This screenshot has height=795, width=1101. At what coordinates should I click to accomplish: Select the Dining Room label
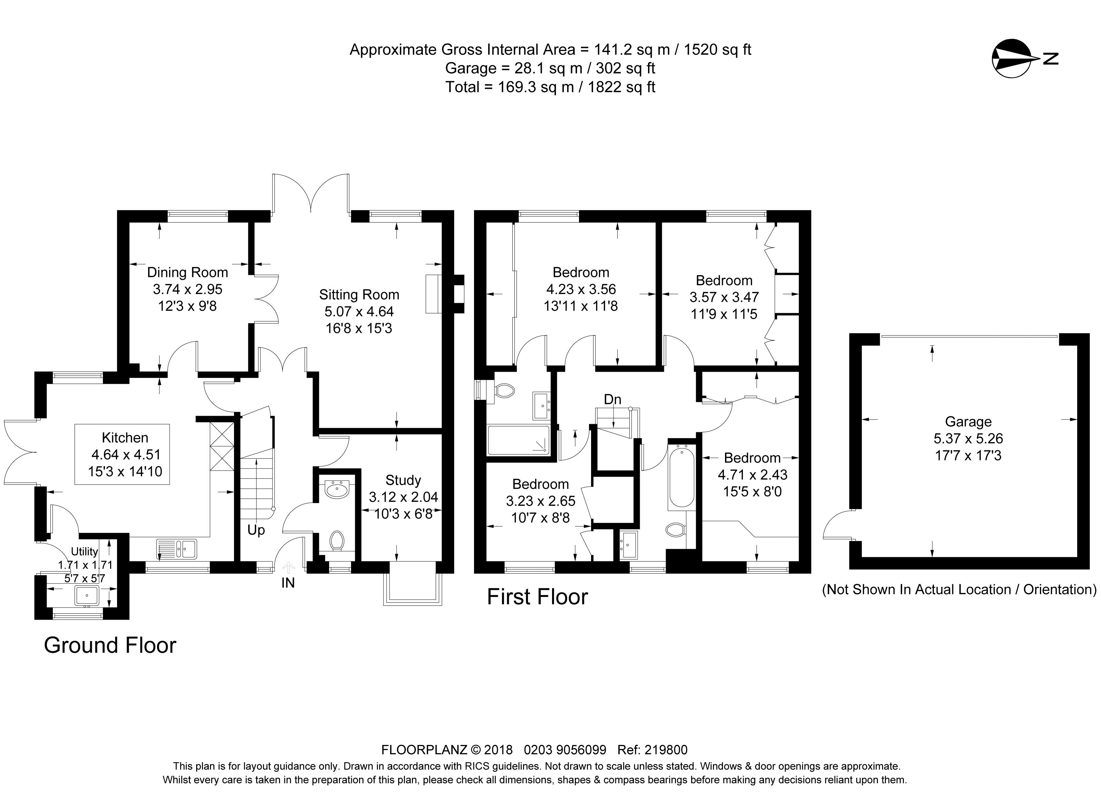[187, 272]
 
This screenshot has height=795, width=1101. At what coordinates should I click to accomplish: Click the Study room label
[403, 480]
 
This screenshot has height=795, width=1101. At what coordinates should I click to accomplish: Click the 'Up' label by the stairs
[256, 530]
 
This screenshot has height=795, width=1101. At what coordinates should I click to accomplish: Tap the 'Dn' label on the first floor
[612, 399]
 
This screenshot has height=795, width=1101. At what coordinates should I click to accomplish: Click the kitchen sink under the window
[177, 549]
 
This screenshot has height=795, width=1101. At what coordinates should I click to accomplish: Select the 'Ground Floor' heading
[110, 646]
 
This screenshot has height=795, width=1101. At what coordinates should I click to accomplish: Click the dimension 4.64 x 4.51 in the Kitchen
[126, 455]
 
